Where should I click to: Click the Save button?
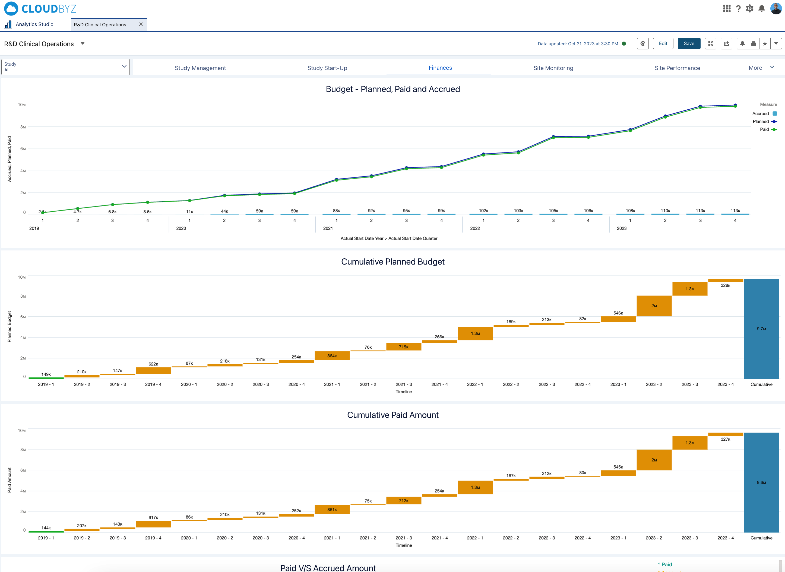[688, 44]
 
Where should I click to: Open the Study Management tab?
[200, 68]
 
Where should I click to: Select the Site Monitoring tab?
[553, 68]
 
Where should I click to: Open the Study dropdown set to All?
[65, 67]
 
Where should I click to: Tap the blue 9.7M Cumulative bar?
[761, 329]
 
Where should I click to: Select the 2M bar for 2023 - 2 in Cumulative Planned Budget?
[654, 306]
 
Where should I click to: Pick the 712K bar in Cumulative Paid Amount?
[403, 501]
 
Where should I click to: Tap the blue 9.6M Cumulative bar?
[761, 482]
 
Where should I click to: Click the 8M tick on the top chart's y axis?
[23, 127]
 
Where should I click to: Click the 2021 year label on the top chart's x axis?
[328, 228]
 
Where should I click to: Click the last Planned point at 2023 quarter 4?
[735, 105]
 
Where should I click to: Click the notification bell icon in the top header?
[761, 9]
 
